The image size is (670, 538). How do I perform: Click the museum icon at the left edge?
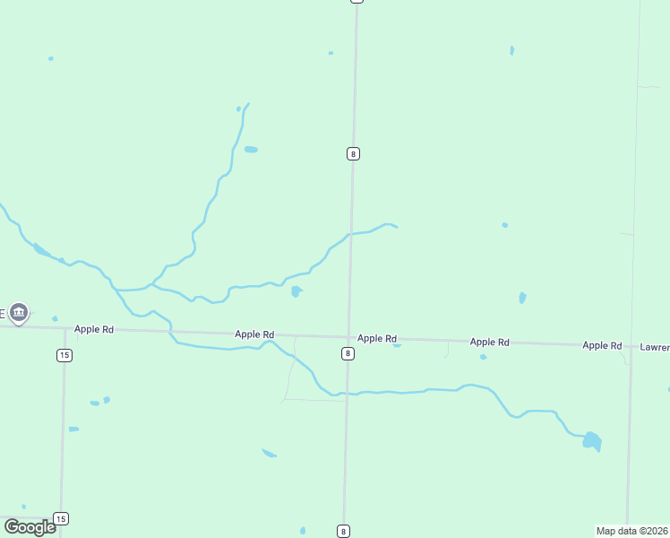tap(19, 313)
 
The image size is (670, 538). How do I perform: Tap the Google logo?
tap(30, 526)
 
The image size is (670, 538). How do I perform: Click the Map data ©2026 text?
tap(631, 531)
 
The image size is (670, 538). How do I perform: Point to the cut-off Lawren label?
tap(654, 346)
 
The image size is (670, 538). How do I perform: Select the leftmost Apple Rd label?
tap(94, 329)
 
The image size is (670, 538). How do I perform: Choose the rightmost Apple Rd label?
tap(602, 345)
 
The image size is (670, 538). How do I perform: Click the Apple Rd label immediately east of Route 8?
tap(377, 338)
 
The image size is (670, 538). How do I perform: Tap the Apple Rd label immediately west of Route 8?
tap(254, 334)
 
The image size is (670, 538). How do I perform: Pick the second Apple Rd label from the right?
tap(490, 342)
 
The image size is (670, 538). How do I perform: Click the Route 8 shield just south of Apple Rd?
tap(348, 353)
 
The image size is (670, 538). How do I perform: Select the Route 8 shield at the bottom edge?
tap(343, 531)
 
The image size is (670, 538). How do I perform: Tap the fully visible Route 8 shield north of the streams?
tap(353, 153)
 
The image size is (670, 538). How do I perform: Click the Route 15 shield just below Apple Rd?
tap(64, 355)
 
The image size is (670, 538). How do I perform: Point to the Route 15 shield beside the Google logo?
tap(60, 518)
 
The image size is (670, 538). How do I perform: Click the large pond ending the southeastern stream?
tap(591, 440)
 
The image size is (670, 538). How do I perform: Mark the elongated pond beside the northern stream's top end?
tap(251, 149)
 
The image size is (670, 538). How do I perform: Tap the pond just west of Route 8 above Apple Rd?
tap(296, 291)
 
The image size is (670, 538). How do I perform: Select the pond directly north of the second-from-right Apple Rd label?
tap(522, 298)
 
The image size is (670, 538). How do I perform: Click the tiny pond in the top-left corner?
tap(51, 58)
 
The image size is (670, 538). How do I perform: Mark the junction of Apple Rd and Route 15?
tap(65, 328)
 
